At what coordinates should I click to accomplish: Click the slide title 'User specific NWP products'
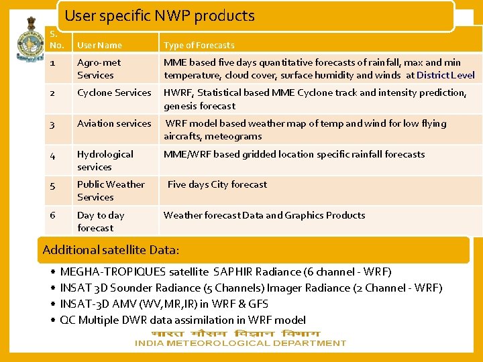[160, 16]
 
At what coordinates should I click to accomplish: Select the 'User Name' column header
[99, 46]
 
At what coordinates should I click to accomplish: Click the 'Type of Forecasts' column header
[199, 46]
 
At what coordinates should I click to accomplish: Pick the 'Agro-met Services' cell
[99, 69]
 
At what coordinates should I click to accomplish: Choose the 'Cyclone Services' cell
[114, 93]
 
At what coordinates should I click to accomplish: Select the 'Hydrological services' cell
[105, 160]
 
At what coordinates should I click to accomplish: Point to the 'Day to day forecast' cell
[101, 221]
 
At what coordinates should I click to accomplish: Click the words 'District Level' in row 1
[445, 75]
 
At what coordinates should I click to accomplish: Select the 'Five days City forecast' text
[217, 184]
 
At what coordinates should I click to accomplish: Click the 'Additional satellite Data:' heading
[111, 250]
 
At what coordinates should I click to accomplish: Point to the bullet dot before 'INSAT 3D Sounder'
[52, 288]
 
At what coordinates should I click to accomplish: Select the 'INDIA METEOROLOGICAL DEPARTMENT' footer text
[240, 343]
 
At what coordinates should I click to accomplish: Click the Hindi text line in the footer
[235, 333]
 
